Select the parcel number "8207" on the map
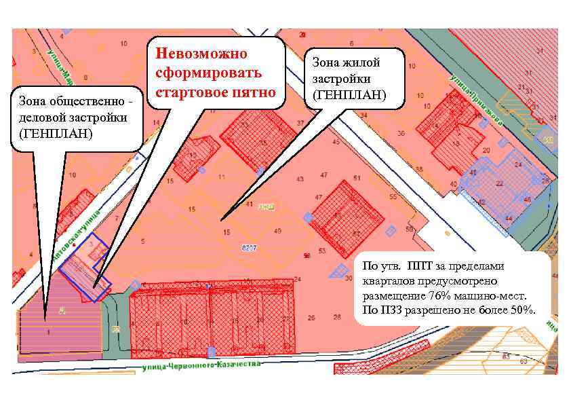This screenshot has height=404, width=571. [x=249, y=249]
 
